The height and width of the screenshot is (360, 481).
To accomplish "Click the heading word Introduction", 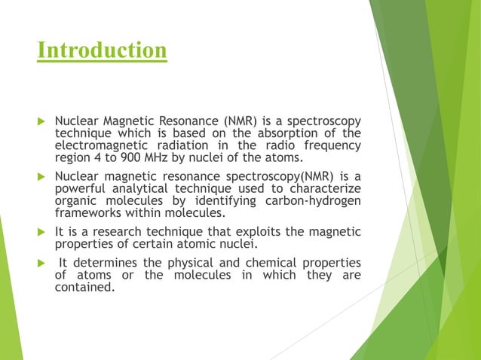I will click(x=103, y=50).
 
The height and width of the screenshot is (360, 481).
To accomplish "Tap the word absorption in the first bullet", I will click(x=275, y=134).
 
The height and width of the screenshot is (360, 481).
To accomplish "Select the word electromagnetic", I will click(x=98, y=146).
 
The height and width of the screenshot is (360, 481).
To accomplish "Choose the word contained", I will click(x=85, y=286).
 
